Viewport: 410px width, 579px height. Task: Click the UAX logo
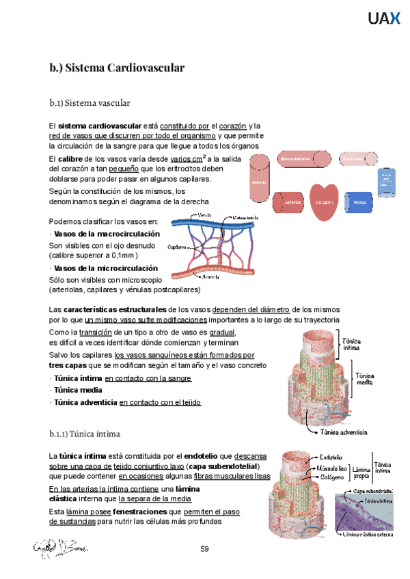[x=384, y=19]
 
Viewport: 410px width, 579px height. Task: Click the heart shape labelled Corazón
[x=324, y=203]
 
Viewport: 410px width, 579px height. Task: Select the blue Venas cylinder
[x=359, y=203]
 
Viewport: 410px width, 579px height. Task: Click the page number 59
[x=204, y=549]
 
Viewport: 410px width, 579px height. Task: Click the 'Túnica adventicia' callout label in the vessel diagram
[x=345, y=432]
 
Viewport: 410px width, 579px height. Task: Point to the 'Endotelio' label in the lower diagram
[x=335, y=457]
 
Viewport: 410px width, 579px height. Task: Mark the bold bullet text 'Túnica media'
[x=78, y=390]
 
